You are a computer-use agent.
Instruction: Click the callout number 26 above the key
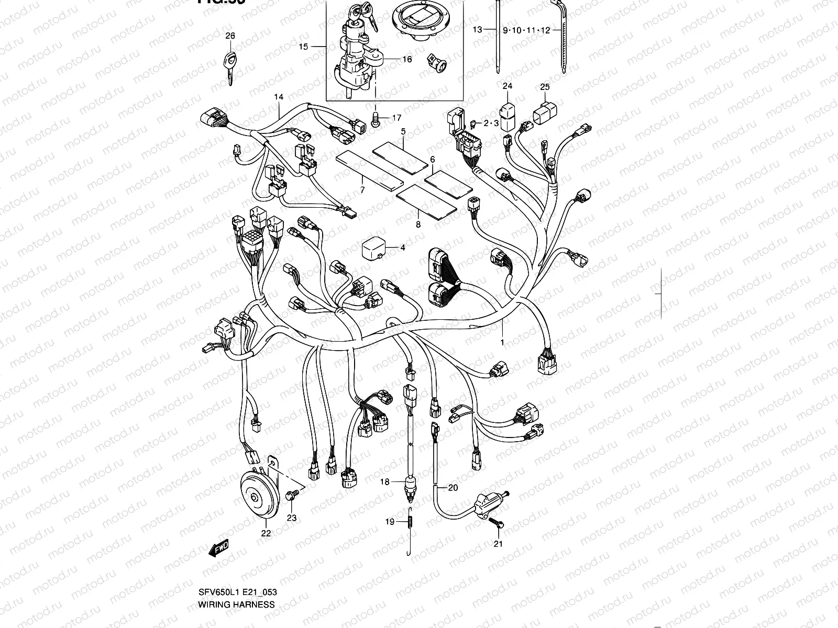(x=230, y=36)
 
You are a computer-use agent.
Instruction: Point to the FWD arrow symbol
(x=218, y=548)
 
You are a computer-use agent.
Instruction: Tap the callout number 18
(x=385, y=482)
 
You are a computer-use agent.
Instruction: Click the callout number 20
(x=453, y=488)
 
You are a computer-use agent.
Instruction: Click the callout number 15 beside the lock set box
(x=304, y=47)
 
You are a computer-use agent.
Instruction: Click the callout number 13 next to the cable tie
(x=477, y=30)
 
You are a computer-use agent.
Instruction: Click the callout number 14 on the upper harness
(x=279, y=97)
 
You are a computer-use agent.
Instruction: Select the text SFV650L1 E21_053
(x=238, y=592)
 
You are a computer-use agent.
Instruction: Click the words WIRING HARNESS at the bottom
(x=236, y=604)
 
